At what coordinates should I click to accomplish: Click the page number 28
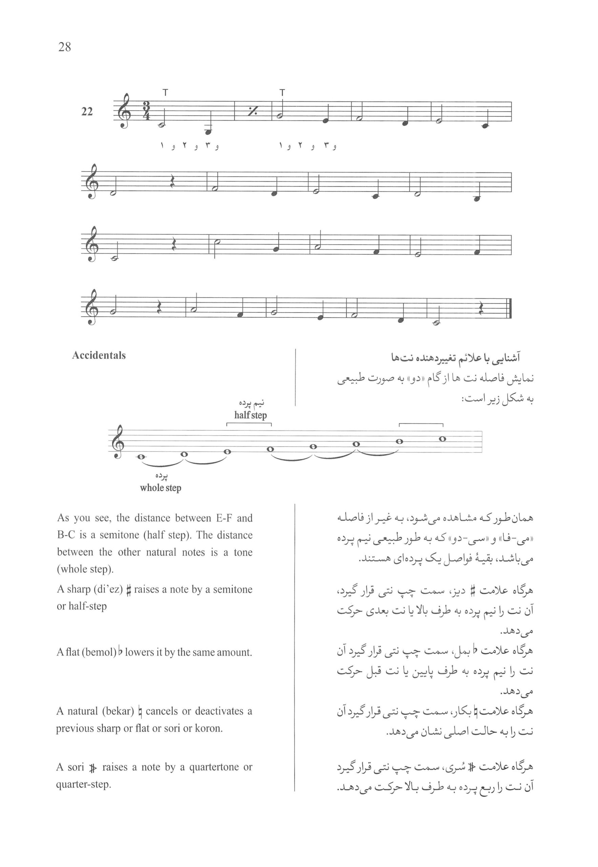pos(64,47)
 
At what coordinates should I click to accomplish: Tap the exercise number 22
pos(87,112)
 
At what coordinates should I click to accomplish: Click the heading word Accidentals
pos(99,355)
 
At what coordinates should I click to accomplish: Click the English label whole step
pos(160,488)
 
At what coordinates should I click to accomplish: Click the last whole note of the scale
pos(442,439)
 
